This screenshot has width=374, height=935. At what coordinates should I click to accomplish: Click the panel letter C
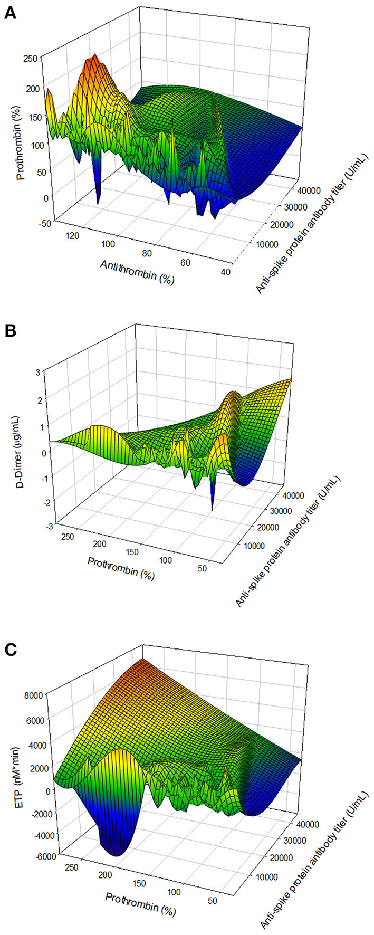pos(10,647)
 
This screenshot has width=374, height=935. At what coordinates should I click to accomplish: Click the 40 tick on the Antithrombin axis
pos(225,272)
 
